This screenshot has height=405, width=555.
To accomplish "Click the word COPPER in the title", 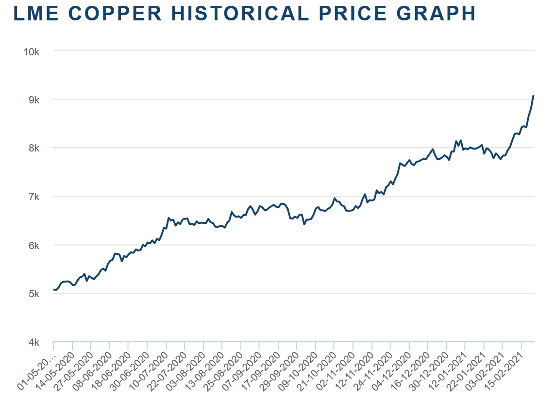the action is click(115, 14).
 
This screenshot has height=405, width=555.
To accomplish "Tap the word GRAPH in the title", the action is click(436, 14).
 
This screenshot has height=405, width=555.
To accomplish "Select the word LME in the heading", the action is click(36, 14).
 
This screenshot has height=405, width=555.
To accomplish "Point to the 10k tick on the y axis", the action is click(32, 52).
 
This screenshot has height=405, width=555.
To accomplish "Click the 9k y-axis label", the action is click(34, 100).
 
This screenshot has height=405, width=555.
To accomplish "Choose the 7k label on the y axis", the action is click(34, 197).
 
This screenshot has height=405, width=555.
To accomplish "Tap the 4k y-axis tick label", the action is click(34, 342).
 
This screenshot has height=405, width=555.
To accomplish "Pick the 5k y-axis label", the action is click(34, 294).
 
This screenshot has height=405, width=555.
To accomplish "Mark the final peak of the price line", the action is click(533, 96).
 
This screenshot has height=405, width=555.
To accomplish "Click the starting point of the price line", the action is click(54, 289).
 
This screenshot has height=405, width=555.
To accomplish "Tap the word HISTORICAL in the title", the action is click(240, 14).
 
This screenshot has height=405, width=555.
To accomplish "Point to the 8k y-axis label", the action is click(34, 148).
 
